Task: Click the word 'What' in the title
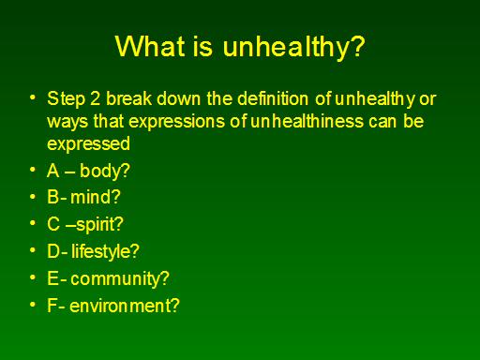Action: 150,46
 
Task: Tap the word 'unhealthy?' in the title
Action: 293,48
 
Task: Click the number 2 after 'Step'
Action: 95,98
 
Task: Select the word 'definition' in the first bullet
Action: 273,98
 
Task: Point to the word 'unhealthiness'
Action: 307,121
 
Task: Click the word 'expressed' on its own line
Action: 88,144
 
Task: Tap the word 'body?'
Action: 105,171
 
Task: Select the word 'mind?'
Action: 96,197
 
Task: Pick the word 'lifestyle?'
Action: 105,251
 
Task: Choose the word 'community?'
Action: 120,278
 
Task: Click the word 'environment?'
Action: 125,306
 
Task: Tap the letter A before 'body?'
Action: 53,171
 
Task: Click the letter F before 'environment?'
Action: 52,306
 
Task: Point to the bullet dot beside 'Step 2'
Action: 33,97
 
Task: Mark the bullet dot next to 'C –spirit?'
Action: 33,223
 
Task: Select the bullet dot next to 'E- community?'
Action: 33,277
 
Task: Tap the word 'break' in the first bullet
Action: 128,98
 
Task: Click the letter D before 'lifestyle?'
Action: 53,251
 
